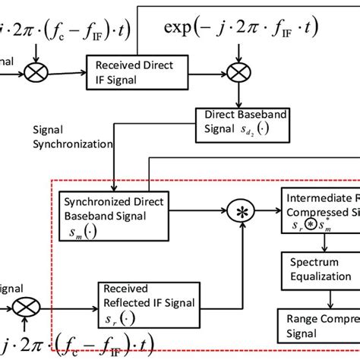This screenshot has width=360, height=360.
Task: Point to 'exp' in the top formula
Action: pos(182,30)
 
